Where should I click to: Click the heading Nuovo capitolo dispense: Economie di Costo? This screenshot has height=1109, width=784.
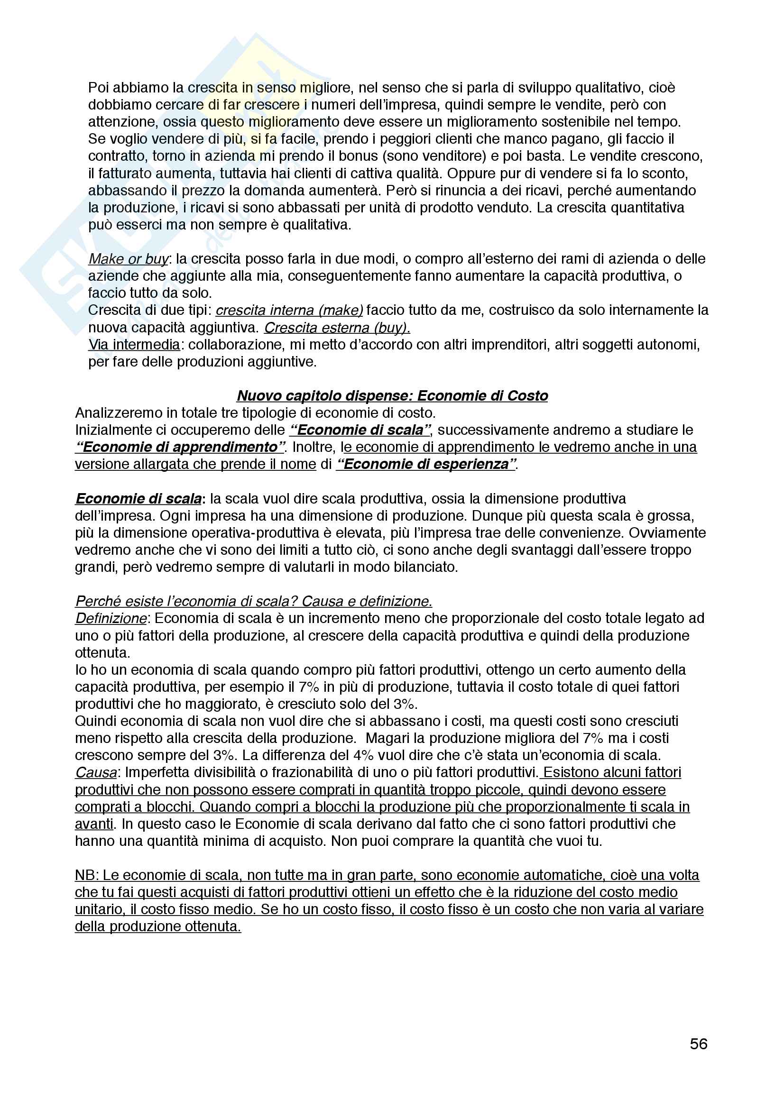click(392, 395)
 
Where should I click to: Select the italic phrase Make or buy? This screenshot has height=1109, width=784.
click(128, 259)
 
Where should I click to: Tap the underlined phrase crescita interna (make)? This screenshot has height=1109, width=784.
click(289, 310)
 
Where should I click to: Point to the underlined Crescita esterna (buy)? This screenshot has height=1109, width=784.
click(337, 328)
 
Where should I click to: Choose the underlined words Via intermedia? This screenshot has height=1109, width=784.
click(134, 344)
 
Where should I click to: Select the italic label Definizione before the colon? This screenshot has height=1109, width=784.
click(111, 618)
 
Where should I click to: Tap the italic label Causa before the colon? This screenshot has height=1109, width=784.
click(96, 772)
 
